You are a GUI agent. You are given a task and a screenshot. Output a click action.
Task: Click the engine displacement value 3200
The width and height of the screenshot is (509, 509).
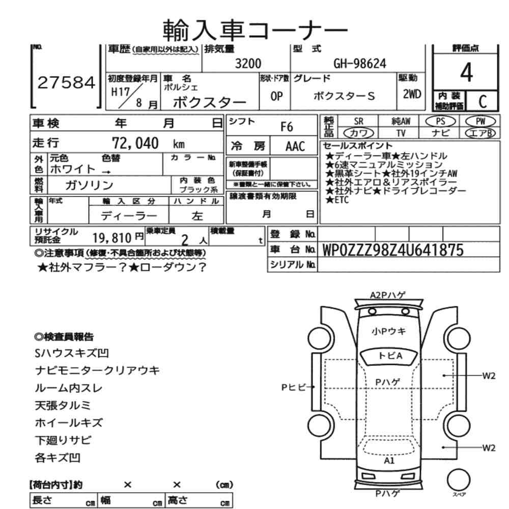coord(247,64)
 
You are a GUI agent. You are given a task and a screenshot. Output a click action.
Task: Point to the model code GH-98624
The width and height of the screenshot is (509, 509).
coord(359,64)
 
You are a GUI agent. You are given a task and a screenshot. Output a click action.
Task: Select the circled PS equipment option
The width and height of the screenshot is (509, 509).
coord(441,121)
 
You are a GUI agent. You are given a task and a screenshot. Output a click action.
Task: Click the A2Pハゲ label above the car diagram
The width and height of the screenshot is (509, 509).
coord(388,294)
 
